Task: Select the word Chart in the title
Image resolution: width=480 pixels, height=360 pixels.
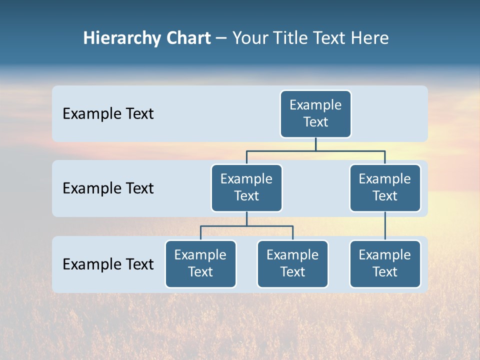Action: coord(188,38)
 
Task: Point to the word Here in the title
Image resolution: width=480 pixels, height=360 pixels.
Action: coord(369,38)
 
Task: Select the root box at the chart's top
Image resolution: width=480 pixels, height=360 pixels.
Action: coord(315,114)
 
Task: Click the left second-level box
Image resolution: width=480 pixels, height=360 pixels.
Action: coord(246,188)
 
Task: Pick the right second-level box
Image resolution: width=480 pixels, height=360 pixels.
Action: coord(385,188)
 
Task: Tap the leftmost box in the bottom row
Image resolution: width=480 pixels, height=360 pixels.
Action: coord(200,264)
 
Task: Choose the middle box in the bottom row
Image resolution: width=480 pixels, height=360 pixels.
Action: coord(292,264)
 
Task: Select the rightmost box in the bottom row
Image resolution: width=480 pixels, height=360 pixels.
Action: coord(385,264)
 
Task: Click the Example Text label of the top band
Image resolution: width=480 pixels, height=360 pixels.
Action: coord(108,114)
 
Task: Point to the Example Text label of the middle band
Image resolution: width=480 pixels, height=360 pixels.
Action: coord(108,188)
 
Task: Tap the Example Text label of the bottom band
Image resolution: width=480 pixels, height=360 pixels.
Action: coord(108,264)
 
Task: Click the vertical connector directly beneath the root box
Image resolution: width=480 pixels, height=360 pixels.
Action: coord(315,144)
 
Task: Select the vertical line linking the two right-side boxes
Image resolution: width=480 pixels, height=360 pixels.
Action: coord(385,226)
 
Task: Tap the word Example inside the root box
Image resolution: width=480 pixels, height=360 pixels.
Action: coord(315,105)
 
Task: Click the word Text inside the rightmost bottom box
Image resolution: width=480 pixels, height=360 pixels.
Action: coord(385,272)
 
